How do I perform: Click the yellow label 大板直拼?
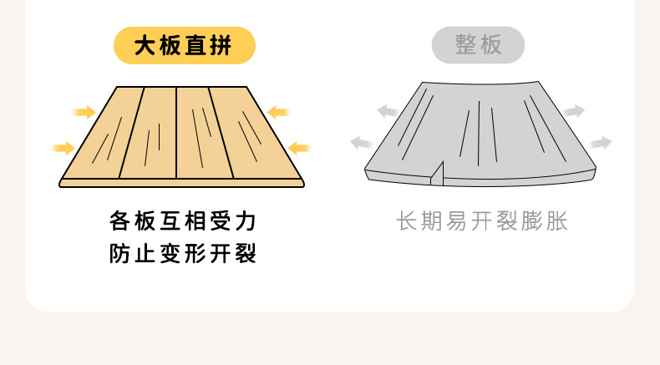(184, 46)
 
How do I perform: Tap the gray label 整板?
(478, 45)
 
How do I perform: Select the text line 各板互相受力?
(183, 221)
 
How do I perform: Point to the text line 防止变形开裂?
(183, 253)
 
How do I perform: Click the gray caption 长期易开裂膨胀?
(482, 221)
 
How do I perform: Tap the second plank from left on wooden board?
(151, 134)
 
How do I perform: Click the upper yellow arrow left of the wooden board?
(84, 112)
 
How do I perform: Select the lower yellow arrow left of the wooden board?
(63, 149)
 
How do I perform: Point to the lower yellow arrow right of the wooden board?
(298, 149)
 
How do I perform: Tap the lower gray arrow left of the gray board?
(361, 143)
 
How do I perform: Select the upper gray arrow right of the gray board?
(573, 111)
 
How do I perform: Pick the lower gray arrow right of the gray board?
(600, 144)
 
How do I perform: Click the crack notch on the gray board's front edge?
(436, 173)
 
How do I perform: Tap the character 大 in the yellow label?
(143, 46)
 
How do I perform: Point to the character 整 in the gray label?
(465, 45)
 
